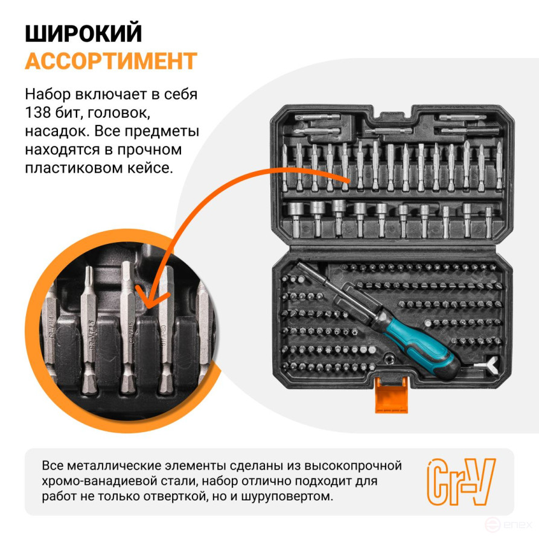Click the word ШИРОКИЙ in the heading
pyautogui.click(x=83, y=33)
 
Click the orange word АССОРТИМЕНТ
pyautogui.click(x=111, y=61)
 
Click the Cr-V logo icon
pyautogui.click(x=461, y=481)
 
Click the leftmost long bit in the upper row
pyautogui.click(x=284, y=167)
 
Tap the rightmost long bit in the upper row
pyautogui.click(x=499, y=167)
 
